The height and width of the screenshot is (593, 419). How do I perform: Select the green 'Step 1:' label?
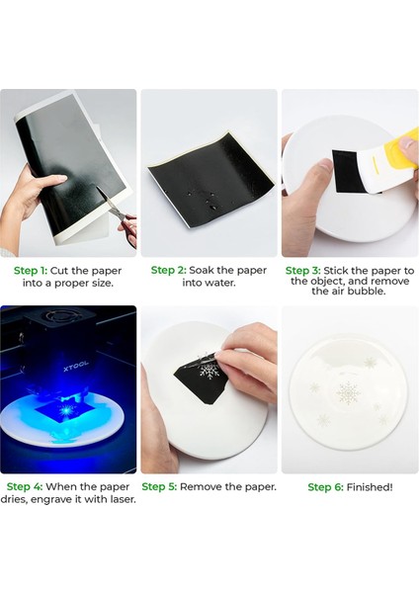pos(31,271)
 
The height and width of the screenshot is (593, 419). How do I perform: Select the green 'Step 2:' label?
pos(169,270)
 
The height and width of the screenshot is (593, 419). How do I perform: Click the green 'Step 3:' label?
pos(303,271)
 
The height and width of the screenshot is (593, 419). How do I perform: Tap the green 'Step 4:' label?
pos(25,486)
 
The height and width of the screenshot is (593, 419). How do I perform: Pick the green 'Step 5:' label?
pos(159,486)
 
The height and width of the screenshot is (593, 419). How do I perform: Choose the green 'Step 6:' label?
pos(325,487)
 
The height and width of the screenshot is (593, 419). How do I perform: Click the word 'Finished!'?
pos(370,487)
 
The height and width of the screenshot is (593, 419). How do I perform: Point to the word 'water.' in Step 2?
pos(220,283)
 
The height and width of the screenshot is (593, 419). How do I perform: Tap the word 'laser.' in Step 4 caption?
pos(123,499)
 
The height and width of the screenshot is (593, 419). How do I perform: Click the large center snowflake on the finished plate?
pos(348,392)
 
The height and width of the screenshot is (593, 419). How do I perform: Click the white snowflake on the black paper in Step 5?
pos(208,370)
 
